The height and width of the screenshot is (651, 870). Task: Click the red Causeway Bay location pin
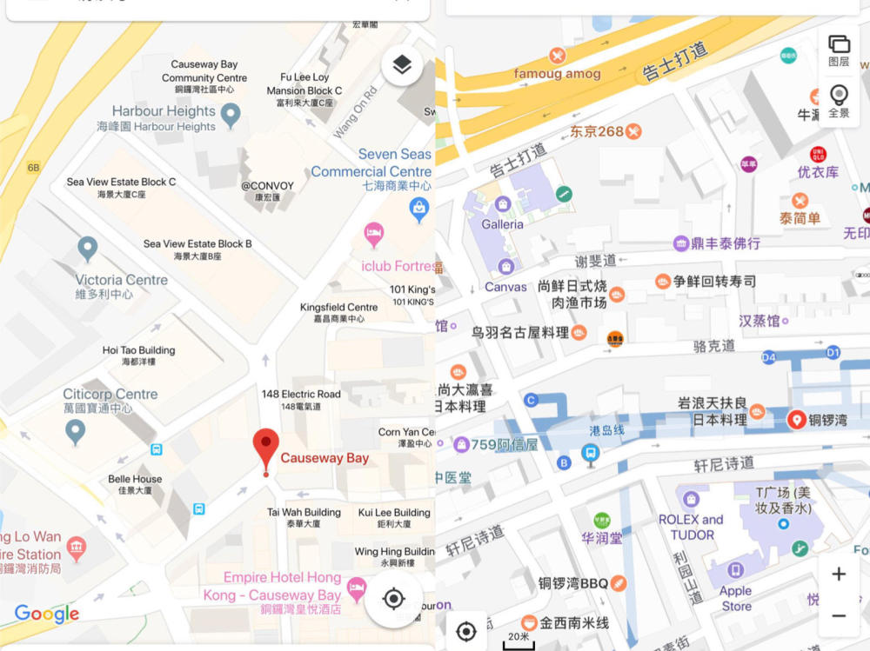coord(266,448)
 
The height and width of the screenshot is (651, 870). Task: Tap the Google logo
coord(47,614)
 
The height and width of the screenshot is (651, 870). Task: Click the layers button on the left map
coord(402,65)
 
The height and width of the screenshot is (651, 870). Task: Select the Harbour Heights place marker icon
coord(231,115)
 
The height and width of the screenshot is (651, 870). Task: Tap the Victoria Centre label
coord(121,286)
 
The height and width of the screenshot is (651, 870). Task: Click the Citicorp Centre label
coord(110,400)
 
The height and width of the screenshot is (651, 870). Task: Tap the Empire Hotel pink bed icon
coord(356,588)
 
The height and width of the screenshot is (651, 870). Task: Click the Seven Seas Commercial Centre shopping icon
coord(419,208)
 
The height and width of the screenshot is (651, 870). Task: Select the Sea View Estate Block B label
coord(197,249)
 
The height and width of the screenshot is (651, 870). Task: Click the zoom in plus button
coord(839,575)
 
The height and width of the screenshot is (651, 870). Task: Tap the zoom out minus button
coord(839,615)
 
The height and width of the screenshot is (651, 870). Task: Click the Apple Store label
coord(736,598)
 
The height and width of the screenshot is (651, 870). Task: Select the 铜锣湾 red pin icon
coord(796,420)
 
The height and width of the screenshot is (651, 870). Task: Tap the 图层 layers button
coord(839,50)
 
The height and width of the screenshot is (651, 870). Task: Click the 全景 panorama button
coord(839,101)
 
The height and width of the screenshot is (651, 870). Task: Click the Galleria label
coord(502,223)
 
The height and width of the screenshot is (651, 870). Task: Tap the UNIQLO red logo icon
coord(818,155)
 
